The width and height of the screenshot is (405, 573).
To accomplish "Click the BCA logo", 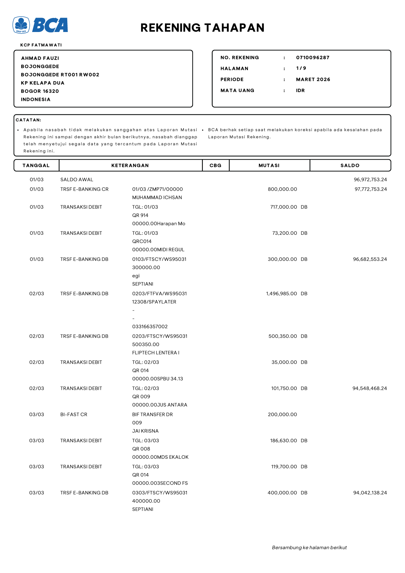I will pyautogui.click(x=40, y=25).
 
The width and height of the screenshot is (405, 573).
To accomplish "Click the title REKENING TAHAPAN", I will pyautogui.click(x=202, y=28).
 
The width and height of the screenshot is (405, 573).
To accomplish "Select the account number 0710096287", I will pyautogui.click(x=313, y=57).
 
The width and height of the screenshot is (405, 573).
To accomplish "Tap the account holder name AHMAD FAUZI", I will pyautogui.click(x=40, y=58).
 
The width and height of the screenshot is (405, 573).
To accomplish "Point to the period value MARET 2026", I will pyautogui.click(x=313, y=79).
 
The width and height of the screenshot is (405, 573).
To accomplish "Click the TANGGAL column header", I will pyautogui.click(x=36, y=166).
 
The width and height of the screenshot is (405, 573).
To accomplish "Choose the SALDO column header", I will pyautogui.click(x=350, y=166).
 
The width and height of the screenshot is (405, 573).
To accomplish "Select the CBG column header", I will pyautogui.click(x=215, y=166).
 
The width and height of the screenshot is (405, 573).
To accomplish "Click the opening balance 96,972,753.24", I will pyautogui.click(x=370, y=180).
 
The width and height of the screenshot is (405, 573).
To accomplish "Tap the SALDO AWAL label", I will pyautogui.click(x=77, y=180).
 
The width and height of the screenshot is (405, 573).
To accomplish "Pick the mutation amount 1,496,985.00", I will pyautogui.click(x=281, y=294).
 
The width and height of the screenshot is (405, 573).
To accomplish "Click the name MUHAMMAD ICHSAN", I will pyautogui.click(x=157, y=198).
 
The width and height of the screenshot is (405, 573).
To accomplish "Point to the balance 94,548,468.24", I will pyautogui.click(x=369, y=388).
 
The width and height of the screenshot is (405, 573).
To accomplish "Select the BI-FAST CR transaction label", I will pyautogui.click(x=74, y=414).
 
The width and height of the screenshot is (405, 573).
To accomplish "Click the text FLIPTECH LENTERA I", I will pyautogui.click(x=156, y=353).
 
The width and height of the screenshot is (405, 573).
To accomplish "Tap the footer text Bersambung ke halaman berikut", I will pyautogui.click(x=309, y=548).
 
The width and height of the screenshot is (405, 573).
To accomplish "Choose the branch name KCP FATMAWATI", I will pyautogui.click(x=41, y=45).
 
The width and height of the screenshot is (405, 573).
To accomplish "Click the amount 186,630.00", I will pyautogui.click(x=283, y=440).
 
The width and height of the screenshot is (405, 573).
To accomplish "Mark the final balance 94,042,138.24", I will pyautogui.click(x=370, y=493).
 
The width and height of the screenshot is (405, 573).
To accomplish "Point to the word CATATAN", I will pyautogui.click(x=28, y=120).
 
